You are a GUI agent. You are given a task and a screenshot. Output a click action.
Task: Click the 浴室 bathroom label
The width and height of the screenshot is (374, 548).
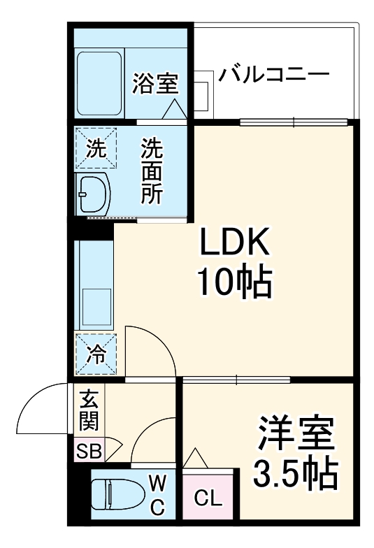click(154, 84)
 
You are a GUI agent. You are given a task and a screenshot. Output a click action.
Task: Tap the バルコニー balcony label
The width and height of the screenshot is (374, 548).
click(273, 74)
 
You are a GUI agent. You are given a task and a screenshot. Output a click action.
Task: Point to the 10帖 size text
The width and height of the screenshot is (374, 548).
click(233, 282)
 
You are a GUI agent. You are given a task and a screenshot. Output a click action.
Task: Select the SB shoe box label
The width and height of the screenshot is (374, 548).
click(89, 451)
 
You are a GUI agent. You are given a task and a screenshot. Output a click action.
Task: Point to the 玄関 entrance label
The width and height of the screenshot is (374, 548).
click(89, 410)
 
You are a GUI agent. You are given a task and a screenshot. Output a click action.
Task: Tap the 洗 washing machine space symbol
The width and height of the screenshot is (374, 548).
click(96, 148)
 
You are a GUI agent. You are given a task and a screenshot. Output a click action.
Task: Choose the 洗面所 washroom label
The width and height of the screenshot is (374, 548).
click(152, 171)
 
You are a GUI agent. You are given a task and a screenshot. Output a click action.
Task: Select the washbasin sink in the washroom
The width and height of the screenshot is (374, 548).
click(94, 193)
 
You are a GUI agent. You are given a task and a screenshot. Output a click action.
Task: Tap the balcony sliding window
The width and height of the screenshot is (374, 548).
click(294, 123)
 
